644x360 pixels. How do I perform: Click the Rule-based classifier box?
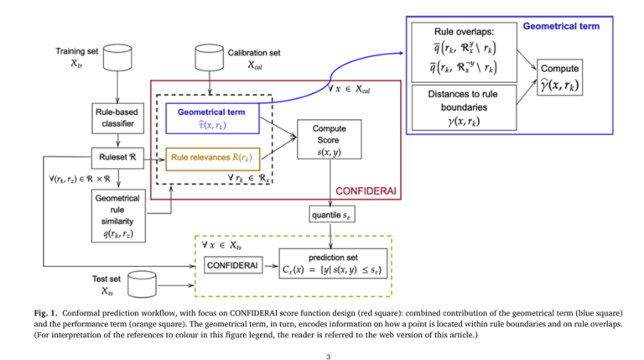(x=113, y=120)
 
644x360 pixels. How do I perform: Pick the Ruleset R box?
(x=113, y=156)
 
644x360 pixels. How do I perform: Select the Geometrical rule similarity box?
(x=113, y=215)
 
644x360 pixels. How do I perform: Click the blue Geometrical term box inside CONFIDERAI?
(x=217, y=118)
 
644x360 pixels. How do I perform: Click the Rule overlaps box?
(x=462, y=50)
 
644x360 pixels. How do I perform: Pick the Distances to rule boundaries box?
(x=462, y=107)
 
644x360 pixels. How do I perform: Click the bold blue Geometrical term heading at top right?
(x=561, y=26)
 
